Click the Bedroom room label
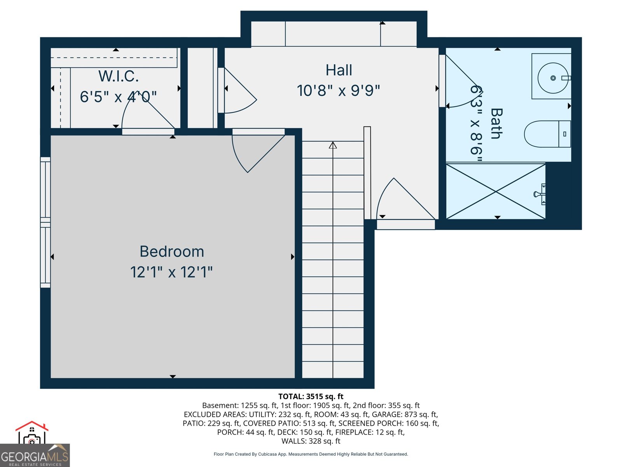tap(172, 252)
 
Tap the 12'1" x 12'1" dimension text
tap(171, 272)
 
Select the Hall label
tap(339, 70)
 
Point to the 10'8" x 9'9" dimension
tap(338, 91)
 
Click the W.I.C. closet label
tap(119, 76)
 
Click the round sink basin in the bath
tap(553, 78)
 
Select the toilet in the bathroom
tap(546, 134)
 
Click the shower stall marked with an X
tap(496, 191)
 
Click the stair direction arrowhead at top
tap(333, 145)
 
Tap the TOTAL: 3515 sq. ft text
tap(311, 397)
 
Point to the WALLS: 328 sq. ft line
tap(311, 441)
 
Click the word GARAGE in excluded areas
tap(386, 414)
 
